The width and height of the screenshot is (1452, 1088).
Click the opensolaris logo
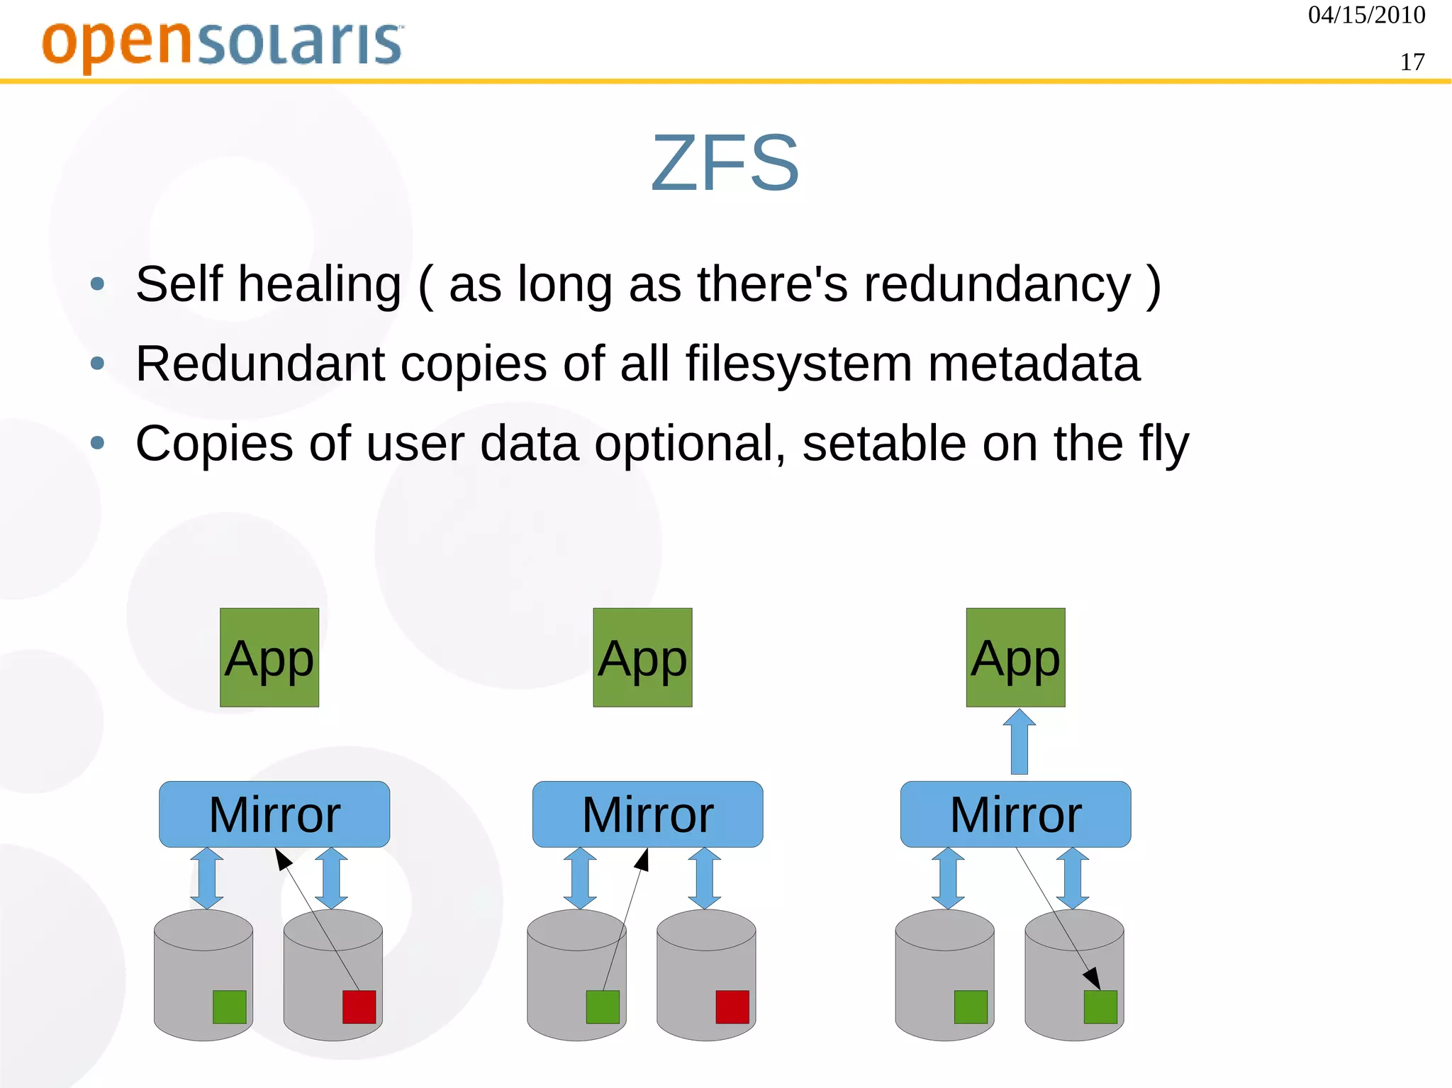click(x=223, y=44)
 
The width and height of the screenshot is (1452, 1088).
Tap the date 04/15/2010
click(x=1366, y=15)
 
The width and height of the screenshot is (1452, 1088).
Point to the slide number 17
click(x=1412, y=62)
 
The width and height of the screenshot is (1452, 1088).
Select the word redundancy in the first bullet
click(x=997, y=284)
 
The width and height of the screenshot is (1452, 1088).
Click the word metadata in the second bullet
click(x=1034, y=364)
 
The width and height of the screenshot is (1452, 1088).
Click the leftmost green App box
click(x=269, y=657)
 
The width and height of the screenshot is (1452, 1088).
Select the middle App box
click(x=642, y=657)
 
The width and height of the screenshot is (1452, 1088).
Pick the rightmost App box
click(x=1015, y=657)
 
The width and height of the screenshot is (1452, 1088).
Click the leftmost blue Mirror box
click(x=274, y=814)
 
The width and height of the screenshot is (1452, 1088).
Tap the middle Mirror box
click(x=647, y=814)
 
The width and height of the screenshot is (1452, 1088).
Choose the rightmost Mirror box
click(x=1015, y=814)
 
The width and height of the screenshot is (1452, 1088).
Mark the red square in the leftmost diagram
click(x=359, y=1006)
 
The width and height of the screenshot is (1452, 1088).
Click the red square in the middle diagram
click(x=732, y=1006)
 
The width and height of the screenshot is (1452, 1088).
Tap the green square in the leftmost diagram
click(x=229, y=1006)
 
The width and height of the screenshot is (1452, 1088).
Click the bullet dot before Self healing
click(x=98, y=285)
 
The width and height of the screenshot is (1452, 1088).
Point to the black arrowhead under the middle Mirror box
click(x=642, y=859)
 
